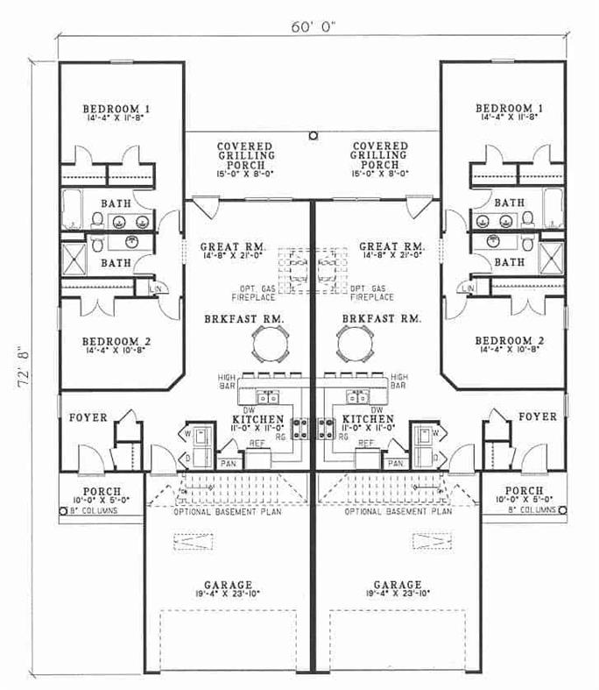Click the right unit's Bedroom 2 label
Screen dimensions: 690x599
(510, 339)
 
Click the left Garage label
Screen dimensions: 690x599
(227, 585)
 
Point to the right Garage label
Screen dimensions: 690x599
(397, 585)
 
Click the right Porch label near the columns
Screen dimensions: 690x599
(525, 491)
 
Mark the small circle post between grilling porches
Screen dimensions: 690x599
(314, 135)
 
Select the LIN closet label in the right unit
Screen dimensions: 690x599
(469, 288)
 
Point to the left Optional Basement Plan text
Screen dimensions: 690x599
(227, 510)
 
